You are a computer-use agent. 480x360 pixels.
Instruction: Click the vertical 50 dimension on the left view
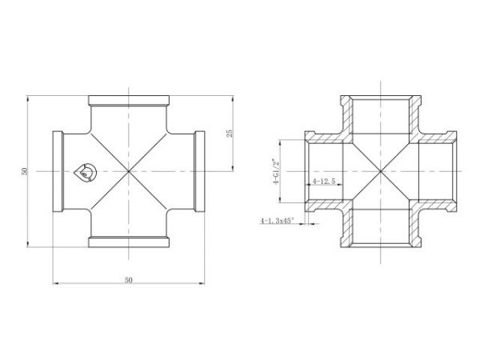25,171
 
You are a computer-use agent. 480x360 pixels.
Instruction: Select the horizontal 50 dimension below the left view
128,280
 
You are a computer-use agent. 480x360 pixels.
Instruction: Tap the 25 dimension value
230,134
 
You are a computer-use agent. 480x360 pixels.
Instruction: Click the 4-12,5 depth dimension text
324,182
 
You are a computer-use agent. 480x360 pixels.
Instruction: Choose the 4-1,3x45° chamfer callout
278,220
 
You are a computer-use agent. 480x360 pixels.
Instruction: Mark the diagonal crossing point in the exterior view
128,171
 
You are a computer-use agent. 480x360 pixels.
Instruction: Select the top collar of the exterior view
128,101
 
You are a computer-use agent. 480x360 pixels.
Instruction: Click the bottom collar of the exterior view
128,242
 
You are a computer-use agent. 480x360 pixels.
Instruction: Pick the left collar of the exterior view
58,171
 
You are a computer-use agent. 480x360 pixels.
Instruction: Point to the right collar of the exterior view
199,171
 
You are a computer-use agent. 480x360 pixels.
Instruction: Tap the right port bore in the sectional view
436,171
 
